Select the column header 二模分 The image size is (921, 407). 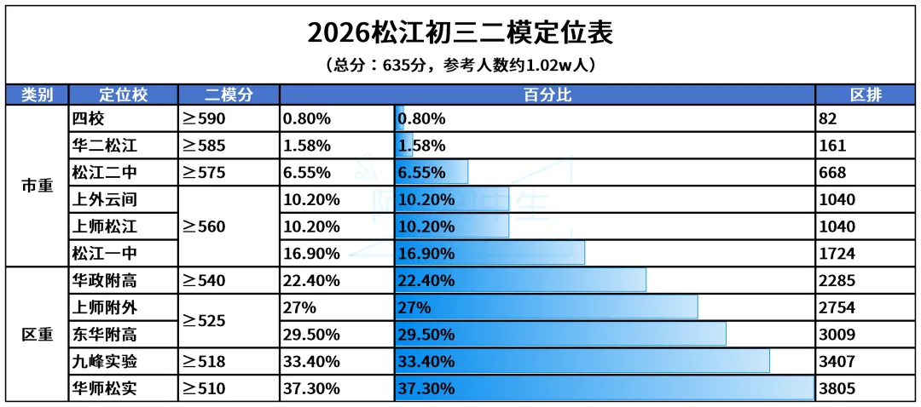point(229,95)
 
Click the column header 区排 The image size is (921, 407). point(866,95)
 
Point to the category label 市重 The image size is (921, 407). point(37,186)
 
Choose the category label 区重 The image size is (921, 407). point(37,335)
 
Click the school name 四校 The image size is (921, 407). point(88,118)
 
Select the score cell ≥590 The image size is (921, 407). point(204,118)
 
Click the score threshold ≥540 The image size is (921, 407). point(204,280)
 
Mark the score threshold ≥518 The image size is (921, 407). point(204,362)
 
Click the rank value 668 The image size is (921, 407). point(832,173)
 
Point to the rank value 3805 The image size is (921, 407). point(837,389)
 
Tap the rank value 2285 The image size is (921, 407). point(837,280)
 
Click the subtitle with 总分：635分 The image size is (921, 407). point(460,65)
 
